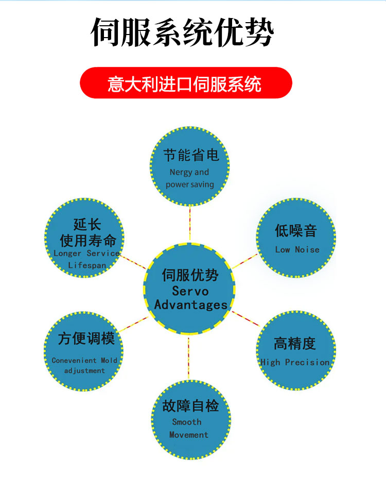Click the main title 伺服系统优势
point(182,32)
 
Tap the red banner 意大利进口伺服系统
point(186,83)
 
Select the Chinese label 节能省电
point(191,155)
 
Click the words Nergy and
point(189,172)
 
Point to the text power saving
point(190,184)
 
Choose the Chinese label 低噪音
point(296,231)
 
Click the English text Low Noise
point(297,250)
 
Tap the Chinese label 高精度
point(295,343)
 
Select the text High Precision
point(295,362)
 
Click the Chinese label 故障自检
point(190,406)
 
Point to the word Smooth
point(187,422)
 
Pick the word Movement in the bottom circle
point(189,435)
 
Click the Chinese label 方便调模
point(86,338)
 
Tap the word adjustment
point(84,371)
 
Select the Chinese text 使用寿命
point(88,241)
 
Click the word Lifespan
point(87,265)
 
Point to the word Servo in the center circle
point(190,291)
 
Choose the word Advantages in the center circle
point(190,305)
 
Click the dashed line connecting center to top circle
point(190,224)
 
